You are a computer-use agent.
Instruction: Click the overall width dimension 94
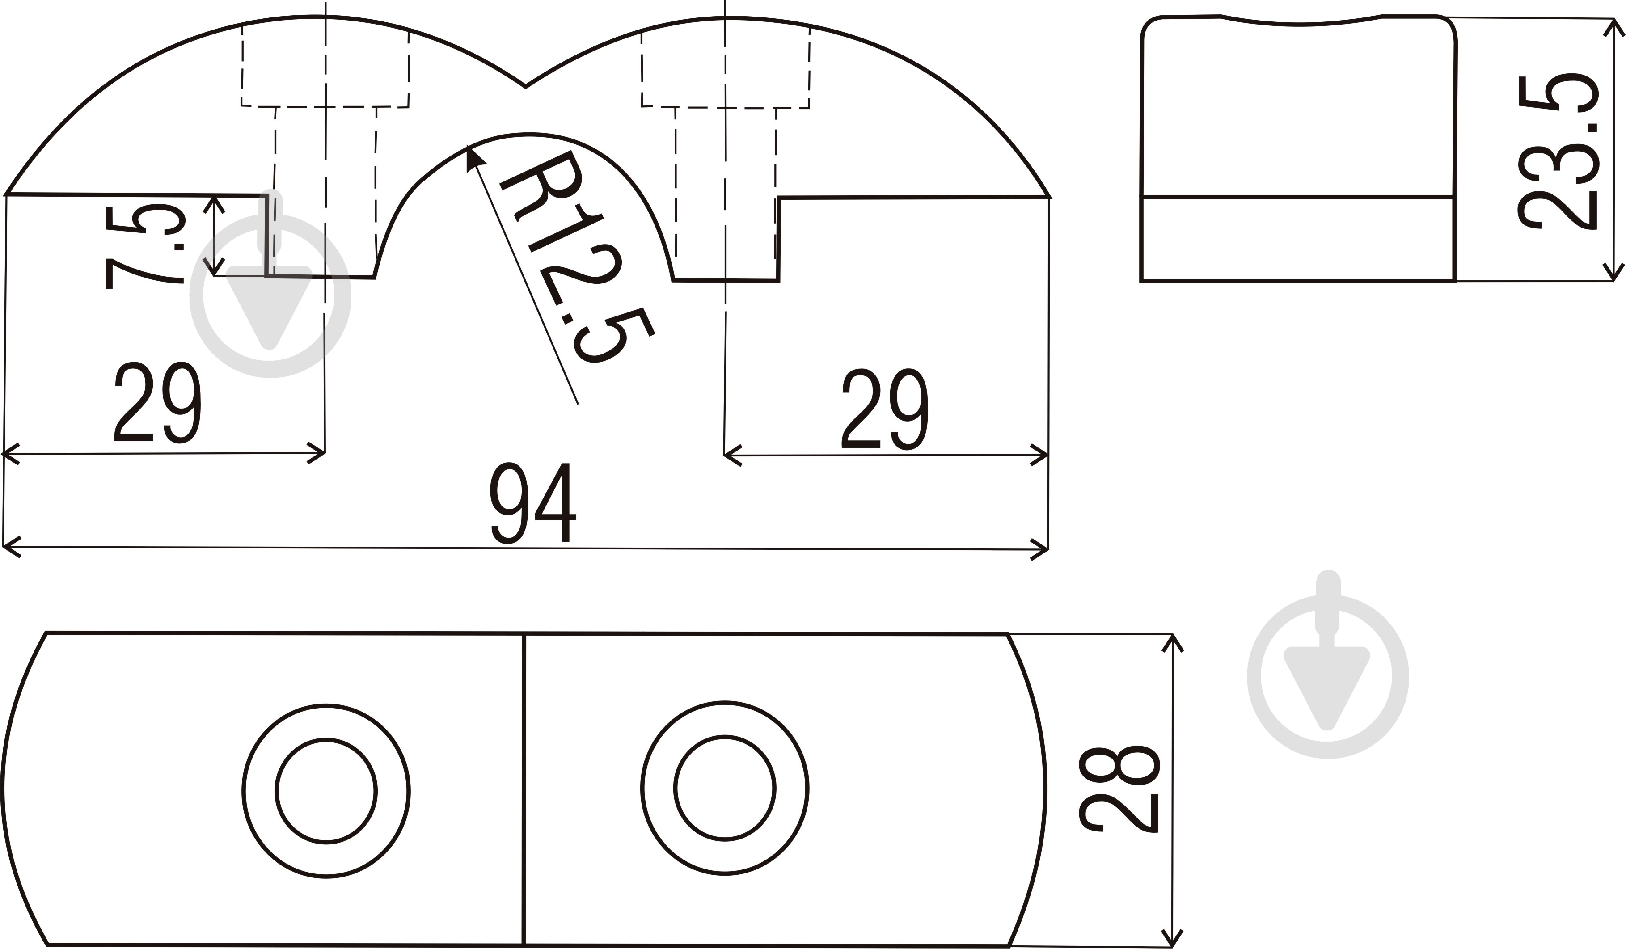532,504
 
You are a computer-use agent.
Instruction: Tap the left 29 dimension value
157,403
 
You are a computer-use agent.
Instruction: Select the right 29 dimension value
885,409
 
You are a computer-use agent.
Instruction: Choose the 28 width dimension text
1119,789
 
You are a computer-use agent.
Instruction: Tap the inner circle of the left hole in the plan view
326,791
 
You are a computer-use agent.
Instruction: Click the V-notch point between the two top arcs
525,86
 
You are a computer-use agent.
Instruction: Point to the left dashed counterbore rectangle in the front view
325,68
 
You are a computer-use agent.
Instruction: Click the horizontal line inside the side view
1297,196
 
